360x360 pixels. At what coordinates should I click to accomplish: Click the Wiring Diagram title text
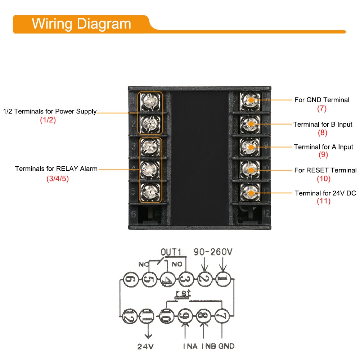pyautogui.click(x=81, y=24)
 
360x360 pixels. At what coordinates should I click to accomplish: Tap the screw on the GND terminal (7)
pyautogui.click(x=250, y=100)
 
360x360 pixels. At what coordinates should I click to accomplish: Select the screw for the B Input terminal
pyautogui.click(x=250, y=124)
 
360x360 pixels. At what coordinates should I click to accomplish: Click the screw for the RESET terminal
pyautogui.click(x=250, y=170)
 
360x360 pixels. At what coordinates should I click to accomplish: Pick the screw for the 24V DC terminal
pyautogui.click(x=250, y=192)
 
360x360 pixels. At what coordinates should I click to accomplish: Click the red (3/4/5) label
pyautogui.click(x=57, y=179)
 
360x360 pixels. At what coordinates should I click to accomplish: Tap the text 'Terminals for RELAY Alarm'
pyautogui.click(x=56, y=169)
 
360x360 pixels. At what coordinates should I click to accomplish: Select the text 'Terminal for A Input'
pyautogui.click(x=323, y=147)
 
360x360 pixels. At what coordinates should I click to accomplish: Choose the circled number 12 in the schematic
pyautogui.click(x=129, y=316)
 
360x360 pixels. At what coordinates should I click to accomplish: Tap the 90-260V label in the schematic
pyautogui.click(x=213, y=252)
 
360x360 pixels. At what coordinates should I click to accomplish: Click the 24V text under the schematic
pyautogui.click(x=145, y=346)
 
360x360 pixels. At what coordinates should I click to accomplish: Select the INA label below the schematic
pyautogui.click(x=190, y=346)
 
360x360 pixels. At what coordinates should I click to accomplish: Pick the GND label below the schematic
pyautogui.click(x=226, y=346)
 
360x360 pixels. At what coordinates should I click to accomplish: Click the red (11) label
pyautogui.click(x=323, y=201)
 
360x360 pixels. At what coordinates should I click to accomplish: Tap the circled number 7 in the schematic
pyautogui.click(x=222, y=316)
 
